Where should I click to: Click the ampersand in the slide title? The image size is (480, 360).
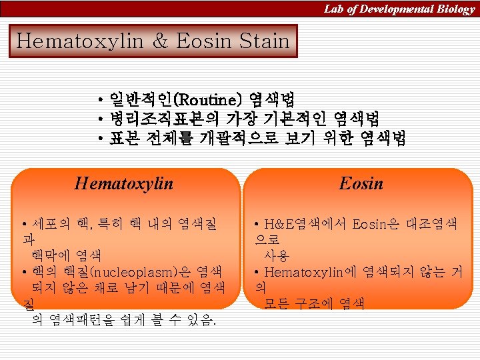point(160,41)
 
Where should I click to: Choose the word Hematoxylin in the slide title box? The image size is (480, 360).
point(79,41)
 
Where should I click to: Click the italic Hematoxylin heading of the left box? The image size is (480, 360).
point(124,183)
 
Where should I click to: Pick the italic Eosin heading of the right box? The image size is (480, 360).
point(361,183)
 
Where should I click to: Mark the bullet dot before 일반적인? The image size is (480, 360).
point(99,101)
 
